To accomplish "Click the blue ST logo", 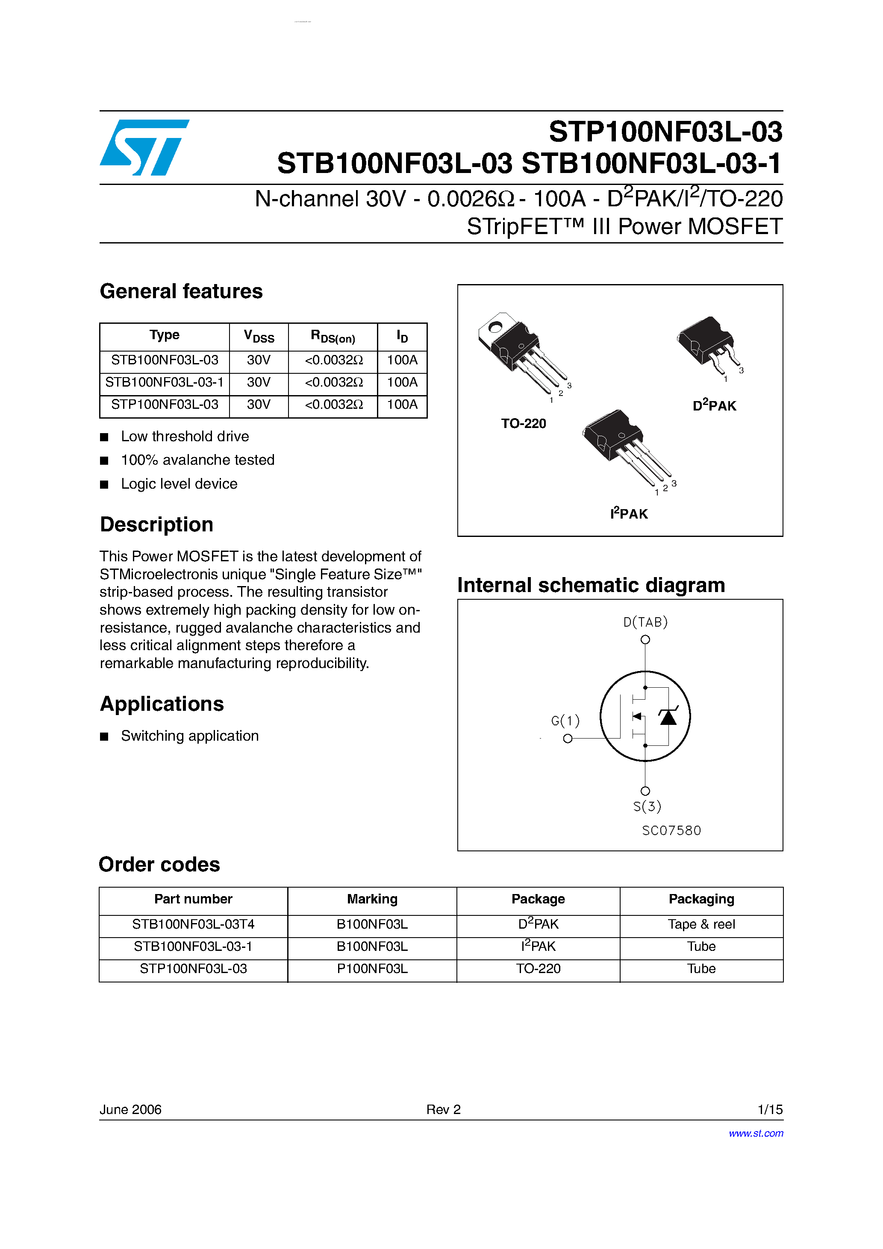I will coord(144,147).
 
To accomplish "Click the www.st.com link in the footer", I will coord(756,1133).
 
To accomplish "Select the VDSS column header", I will coord(259,337).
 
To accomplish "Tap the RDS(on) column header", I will coord(333,337).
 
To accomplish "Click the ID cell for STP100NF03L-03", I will coord(402,405).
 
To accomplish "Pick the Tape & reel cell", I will coord(701,924).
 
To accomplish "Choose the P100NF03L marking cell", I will coord(372,969).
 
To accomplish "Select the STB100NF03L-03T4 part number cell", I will coord(193,924).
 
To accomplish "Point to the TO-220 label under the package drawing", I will coord(523,424).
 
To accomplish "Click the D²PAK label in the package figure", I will coord(714,406).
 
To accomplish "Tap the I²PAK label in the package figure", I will coord(629,513).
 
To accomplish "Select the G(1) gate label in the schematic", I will coord(565,721).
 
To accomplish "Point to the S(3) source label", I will coord(647,806).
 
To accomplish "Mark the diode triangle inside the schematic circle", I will coord(668,718).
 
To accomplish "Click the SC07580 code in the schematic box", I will coord(671,831).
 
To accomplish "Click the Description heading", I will coord(157,525).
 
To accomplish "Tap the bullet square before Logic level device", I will coord(105,484).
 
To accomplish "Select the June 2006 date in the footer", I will coord(131,1109).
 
